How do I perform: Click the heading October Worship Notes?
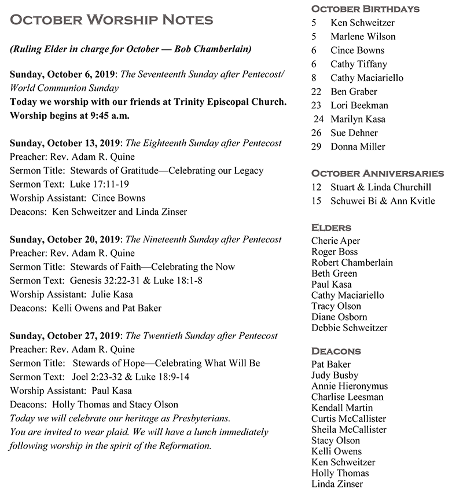pos(112,20)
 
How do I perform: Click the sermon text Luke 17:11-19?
pos(100,184)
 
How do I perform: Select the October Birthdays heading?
pos(365,9)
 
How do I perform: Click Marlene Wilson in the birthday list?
pos(363,36)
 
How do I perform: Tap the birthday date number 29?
pos(316,146)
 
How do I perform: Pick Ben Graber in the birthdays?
pos(354,91)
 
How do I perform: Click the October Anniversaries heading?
pos(377,173)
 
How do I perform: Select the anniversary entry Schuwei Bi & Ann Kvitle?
pos(383,201)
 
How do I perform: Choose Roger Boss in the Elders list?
pos(335,252)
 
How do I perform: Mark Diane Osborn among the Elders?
pos(339,317)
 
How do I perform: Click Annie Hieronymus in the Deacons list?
pos(350,386)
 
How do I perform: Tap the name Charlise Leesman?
pos(347,397)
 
